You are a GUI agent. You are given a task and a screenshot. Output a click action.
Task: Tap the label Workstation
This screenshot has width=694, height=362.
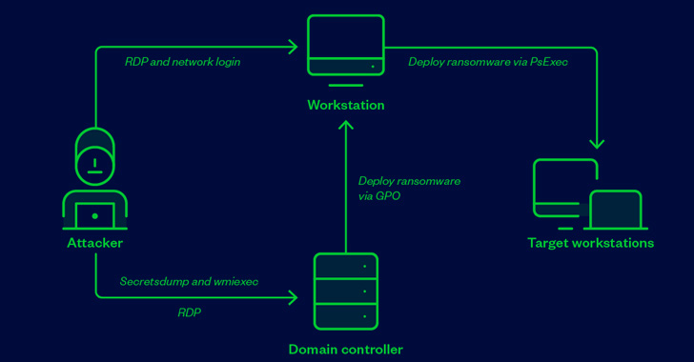pos(346,105)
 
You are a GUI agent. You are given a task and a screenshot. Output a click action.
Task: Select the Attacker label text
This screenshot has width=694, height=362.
pos(94,243)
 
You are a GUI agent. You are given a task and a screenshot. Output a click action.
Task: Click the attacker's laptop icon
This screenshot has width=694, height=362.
pos(94,215)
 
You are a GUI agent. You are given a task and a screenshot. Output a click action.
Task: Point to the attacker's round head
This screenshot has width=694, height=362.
pos(94,163)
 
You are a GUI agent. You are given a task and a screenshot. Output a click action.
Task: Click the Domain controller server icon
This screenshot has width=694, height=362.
pos(345,291)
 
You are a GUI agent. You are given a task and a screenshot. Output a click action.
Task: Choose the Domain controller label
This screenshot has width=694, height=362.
pos(345,350)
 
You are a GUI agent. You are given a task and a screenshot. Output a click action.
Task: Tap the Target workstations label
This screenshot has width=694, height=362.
pos(590,243)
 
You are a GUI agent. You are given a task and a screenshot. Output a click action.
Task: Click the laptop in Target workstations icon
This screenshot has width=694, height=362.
pos(615,211)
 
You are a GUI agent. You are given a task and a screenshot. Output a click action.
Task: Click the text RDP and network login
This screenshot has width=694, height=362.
pos(182,62)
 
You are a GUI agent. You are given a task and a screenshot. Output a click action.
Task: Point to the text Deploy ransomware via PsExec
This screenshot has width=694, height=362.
pos(488,62)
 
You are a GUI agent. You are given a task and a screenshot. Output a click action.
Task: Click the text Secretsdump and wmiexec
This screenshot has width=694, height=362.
pos(189,282)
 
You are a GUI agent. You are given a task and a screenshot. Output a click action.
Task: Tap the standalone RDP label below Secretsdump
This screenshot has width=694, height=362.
pos(189,312)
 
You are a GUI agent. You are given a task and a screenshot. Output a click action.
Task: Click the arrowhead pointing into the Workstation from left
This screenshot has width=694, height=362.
pos(294,47)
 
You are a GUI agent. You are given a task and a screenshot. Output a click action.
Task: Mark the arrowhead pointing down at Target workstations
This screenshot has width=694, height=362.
pos(597,144)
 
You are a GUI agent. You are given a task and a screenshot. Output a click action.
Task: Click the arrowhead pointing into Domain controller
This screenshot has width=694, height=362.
pos(293,298)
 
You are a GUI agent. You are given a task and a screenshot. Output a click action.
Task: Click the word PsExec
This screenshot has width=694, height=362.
pos(548,62)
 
